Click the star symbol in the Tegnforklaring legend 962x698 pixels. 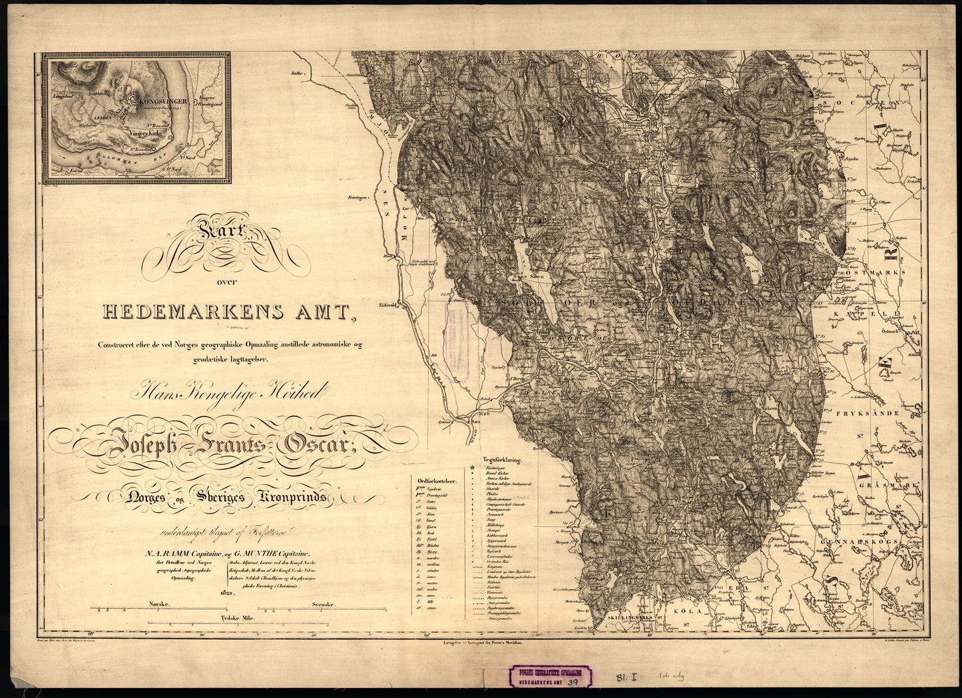click(x=473, y=469)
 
